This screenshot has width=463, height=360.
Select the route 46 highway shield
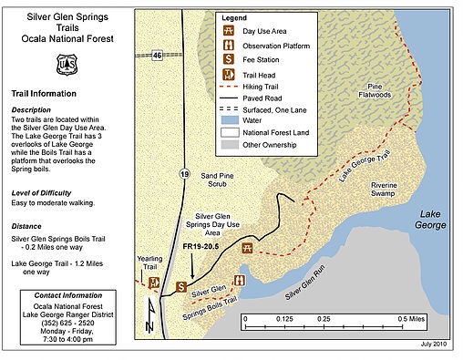point(157,57)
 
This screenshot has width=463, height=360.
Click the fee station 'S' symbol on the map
point(181,287)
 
